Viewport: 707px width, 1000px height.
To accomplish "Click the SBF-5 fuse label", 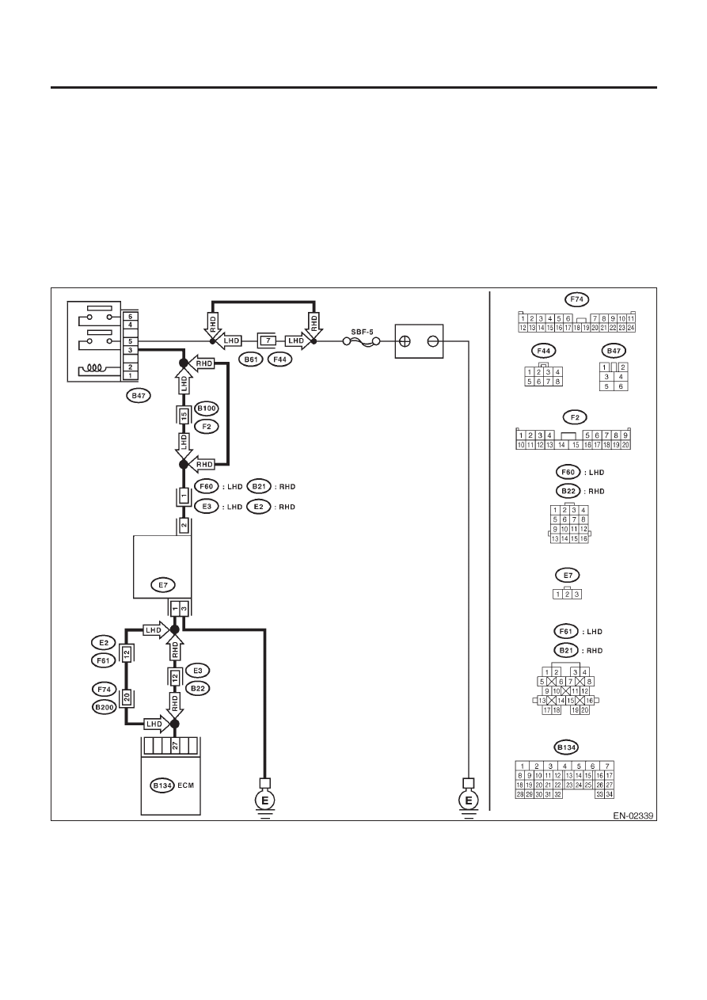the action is (x=362, y=332).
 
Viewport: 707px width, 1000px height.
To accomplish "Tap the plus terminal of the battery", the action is (x=405, y=341).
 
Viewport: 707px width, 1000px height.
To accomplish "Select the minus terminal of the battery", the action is (x=432, y=341).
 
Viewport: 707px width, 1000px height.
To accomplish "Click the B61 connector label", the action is (x=251, y=359).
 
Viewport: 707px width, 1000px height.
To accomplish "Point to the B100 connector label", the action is (x=207, y=408).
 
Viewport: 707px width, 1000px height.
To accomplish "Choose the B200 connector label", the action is (x=104, y=707).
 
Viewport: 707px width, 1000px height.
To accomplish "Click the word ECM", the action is (x=186, y=785).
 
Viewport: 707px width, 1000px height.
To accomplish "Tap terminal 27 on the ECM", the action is (x=175, y=746).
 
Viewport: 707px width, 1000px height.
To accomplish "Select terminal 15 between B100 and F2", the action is (x=184, y=416).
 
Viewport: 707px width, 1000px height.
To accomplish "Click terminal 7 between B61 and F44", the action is (x=268, y=341).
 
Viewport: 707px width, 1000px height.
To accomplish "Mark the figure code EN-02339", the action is (x=633, y=816).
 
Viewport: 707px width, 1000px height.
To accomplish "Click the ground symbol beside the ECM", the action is (x=264, y=801).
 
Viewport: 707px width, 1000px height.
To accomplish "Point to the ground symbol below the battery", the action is (x=468, y=801).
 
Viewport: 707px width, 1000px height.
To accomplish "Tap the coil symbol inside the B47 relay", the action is (x=94, y=368).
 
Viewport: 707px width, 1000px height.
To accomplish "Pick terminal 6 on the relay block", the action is (x=131, y=317).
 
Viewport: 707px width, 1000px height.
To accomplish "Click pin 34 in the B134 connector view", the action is (x=610, y=794).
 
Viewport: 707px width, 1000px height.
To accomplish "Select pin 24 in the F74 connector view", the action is (x=631, y=328).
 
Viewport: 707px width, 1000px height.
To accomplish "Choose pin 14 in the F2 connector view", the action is (x=561, y=445).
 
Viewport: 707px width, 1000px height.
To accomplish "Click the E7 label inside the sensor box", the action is (x=163, y=585).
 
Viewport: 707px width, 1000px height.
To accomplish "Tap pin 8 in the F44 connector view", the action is (x=557, y=382).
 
